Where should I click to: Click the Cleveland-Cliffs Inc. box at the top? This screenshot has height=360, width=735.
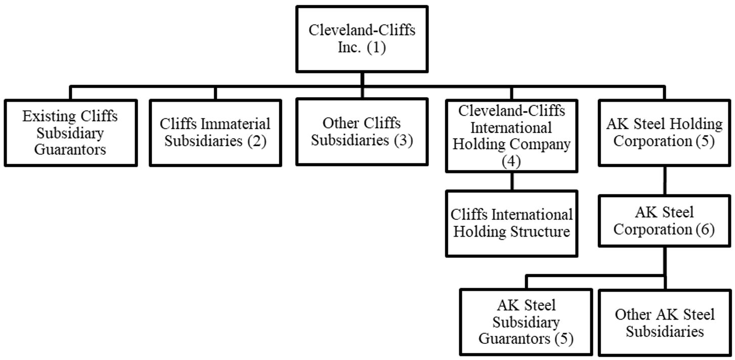click(362, 39)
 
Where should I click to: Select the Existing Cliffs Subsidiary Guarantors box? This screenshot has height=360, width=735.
click(70, 132)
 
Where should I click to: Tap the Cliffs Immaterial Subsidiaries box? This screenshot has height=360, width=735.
click(215, 132)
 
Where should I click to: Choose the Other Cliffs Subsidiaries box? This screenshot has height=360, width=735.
click(362, 131)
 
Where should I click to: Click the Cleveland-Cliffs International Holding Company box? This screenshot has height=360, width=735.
click(511, 136)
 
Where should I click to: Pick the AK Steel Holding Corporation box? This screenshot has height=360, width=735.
click(664, 132)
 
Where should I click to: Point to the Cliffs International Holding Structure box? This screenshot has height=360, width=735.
click(511, 223)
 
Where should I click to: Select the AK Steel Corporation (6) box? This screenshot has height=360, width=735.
click(664, 221)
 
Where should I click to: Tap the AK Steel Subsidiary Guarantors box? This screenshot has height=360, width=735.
click(526, 322)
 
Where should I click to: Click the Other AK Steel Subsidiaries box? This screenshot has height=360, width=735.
click(665, 323)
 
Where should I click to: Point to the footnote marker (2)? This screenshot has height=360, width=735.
click(257, 141)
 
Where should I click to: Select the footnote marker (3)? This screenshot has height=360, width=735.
click(403, 140)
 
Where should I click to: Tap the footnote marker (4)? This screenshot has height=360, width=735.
click(511, 161)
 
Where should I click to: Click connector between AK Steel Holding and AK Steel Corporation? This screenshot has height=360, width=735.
click(664, 181)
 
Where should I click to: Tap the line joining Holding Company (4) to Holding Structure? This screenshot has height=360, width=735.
click(511, 181)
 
